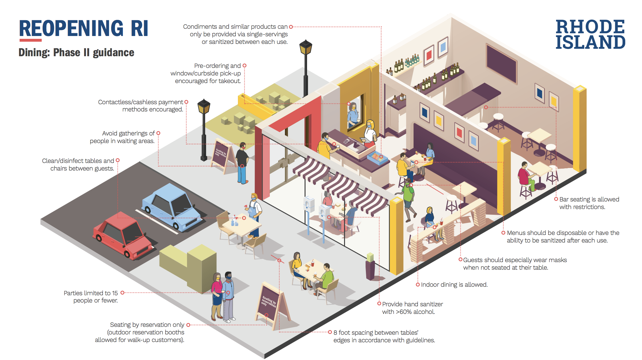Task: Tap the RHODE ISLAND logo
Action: (x=590, y=34)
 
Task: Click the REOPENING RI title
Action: (x=84, y=28)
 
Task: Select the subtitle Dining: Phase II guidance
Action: (x=76, y=52)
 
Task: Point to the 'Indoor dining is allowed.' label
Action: (x=454, y=285)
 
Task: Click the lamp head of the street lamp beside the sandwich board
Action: (x=204, y=106)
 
